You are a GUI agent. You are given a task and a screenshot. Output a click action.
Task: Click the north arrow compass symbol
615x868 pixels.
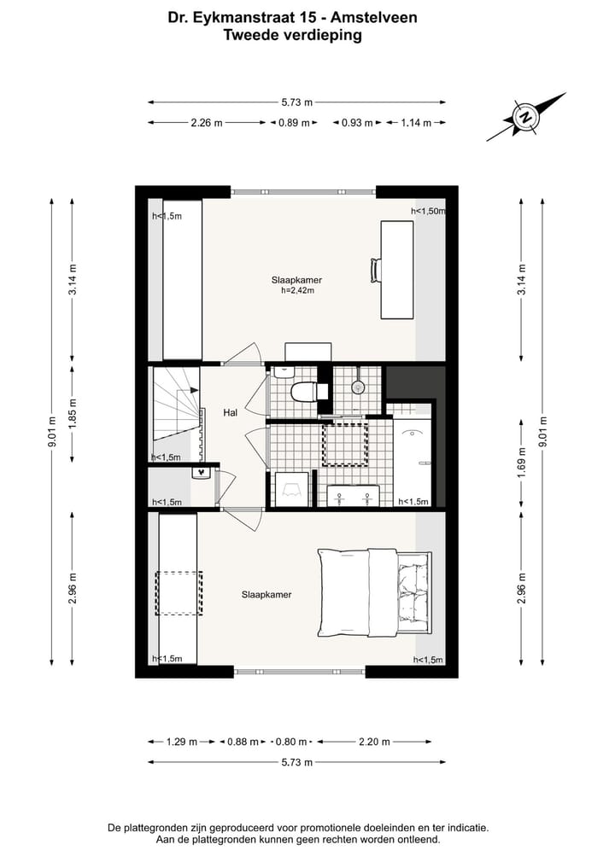click(527, 117)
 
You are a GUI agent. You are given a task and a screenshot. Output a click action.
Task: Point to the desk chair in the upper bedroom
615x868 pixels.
click(375, 270)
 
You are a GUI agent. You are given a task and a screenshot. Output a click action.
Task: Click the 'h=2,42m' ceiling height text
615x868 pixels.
click(297, 291)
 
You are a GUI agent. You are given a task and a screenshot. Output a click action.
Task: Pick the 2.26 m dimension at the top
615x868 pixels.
click(206, 123)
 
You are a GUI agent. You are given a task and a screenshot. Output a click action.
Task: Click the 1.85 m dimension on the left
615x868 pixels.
click(73, 413)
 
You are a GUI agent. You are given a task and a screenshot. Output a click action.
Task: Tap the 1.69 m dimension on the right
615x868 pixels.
click(521, 463)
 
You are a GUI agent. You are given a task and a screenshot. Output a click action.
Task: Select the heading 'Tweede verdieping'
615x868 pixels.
click(292, 35)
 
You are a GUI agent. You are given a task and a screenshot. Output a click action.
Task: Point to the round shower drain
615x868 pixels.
click(357, 387)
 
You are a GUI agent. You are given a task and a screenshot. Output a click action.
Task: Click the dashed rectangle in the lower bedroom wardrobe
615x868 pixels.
click(179, 593)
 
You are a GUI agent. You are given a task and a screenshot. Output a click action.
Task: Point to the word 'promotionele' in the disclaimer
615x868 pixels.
click(336, 828)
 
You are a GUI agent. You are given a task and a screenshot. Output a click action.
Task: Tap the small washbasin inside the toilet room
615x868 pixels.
click(283, 371)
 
